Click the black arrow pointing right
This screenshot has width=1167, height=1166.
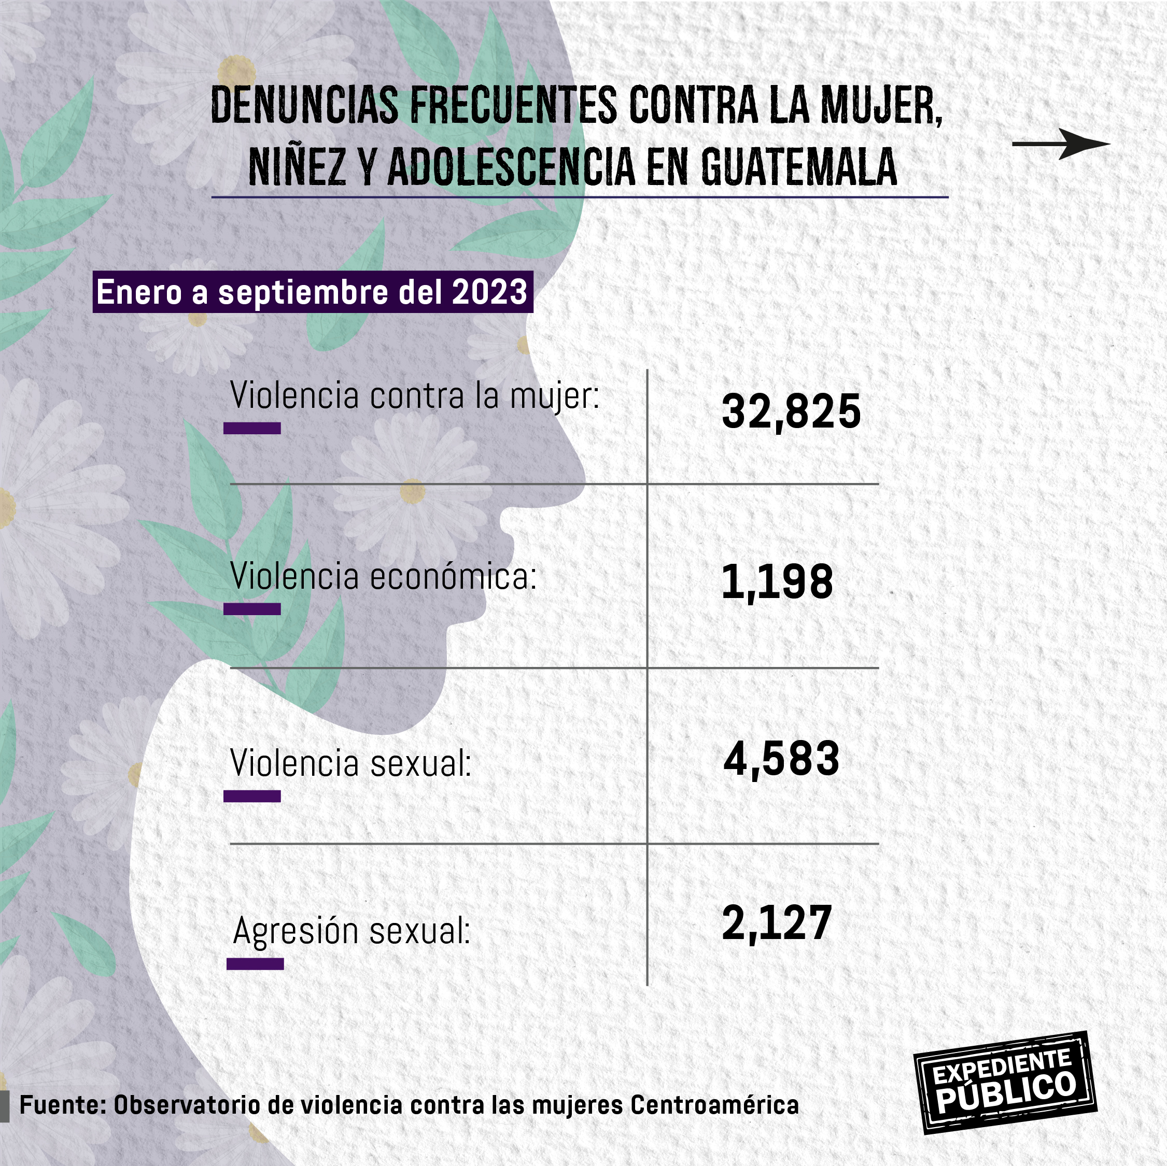point(1061,144)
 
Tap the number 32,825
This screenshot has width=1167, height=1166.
point(791,413)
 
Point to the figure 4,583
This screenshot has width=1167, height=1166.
point(782,759)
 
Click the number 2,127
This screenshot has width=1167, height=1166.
point(777,923)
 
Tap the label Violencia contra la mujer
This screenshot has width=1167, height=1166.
point(415,396)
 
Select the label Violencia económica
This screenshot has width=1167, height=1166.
point(383,577)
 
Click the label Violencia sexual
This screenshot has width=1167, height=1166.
point(350,763)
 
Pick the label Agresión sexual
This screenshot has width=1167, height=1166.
point(351,931)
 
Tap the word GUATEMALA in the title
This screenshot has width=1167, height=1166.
point(798,167)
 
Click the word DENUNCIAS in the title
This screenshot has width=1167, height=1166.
point(304,106)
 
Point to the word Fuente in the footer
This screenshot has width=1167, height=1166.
point(63,1105)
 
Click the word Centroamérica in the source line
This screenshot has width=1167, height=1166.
point(714,1105)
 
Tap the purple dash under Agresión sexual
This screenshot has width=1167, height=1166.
point(255,964)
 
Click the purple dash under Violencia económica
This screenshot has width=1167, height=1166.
point(252,609)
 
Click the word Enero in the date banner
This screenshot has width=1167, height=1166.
point(139,292)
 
